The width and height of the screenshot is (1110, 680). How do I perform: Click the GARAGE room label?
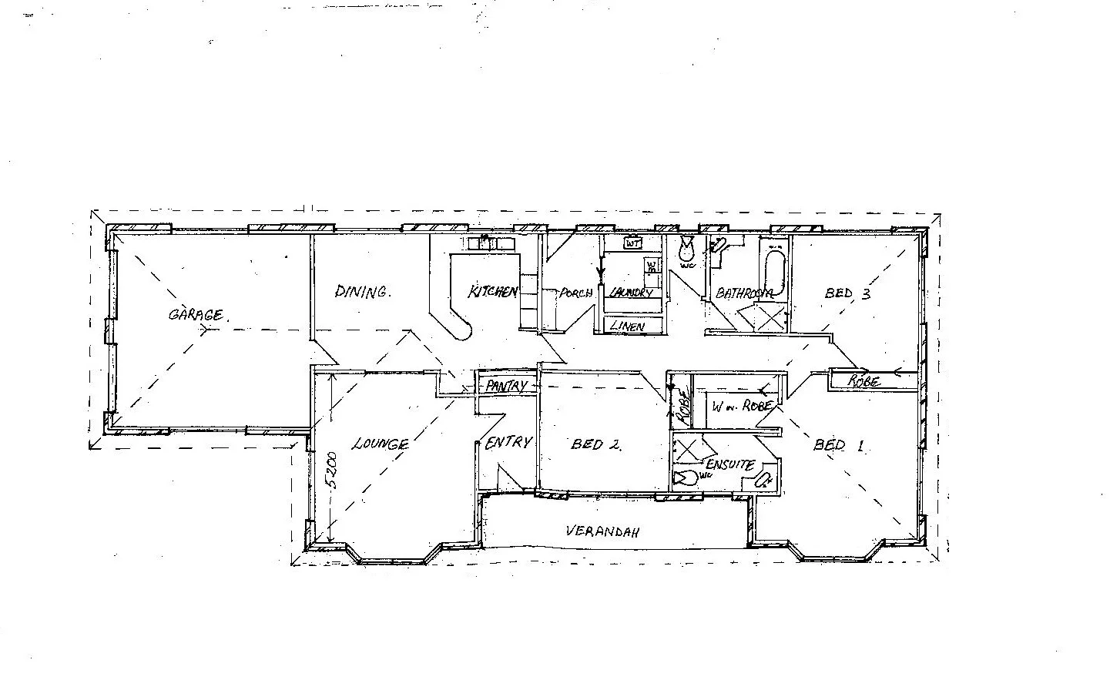coord(196,314)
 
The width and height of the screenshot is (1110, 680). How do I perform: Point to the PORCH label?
coord(575,293)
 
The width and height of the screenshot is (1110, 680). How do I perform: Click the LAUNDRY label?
coord(631,293)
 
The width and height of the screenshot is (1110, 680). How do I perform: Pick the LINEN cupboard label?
coord(627,326)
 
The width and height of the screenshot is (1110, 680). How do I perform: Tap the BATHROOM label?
coord(744,293)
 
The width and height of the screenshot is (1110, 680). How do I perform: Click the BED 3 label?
coord(847,293)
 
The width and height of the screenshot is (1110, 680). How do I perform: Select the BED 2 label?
coord(595,444)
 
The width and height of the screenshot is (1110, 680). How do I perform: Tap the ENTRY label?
coord(508,443)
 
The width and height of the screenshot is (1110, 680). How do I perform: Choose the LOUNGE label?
coord(381,444)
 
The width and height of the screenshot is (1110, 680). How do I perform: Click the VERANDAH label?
coord(603,531)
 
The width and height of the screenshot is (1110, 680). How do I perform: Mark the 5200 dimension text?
coord(330,471)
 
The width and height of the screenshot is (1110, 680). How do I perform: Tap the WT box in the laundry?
coord(633,243)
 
